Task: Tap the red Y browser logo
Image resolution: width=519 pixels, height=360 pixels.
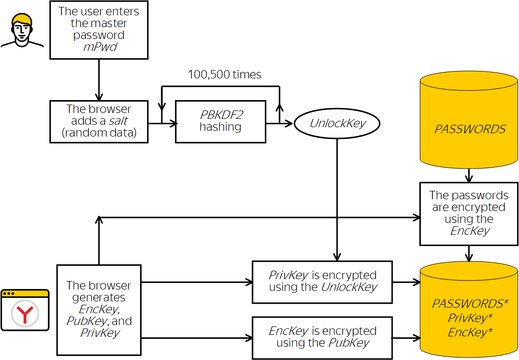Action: (x=25, y=313)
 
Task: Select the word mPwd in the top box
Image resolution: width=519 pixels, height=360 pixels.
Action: (x=99, y=47)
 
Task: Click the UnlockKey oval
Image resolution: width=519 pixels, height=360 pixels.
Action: (x=337, y=123)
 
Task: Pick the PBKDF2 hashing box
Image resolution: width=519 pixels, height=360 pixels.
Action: (x=221, y=121)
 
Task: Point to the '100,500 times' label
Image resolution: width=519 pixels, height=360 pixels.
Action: (x=224, y=75)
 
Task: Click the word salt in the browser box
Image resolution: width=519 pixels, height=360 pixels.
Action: (x=118, y=121)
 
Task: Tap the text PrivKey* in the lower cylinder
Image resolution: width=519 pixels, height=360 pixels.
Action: (x=470, y=318)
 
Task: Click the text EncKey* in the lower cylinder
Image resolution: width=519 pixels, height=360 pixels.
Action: (x=470, y=333)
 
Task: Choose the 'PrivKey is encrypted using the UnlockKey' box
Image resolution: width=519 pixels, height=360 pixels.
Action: (x=322, y=282)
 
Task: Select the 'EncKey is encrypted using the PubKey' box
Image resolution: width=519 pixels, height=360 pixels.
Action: (x=322, y=337)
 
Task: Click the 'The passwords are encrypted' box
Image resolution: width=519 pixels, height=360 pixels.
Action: (x=469, y=214)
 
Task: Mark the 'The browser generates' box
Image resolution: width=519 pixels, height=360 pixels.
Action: (x=99, y=310)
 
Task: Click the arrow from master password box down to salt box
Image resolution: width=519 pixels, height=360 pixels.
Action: (x=99, y=79)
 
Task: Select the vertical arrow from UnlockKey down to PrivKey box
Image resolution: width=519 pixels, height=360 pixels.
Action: (x=337, y=197)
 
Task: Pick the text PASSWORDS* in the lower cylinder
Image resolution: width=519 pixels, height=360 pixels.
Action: (x=470, y=303)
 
